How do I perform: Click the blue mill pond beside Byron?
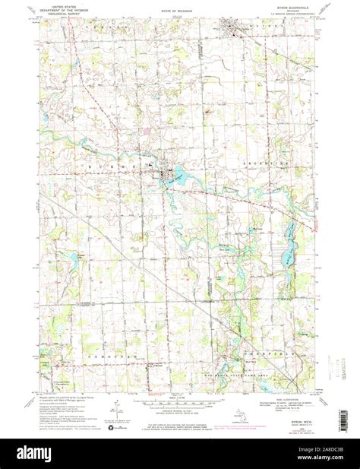(182, 177)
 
